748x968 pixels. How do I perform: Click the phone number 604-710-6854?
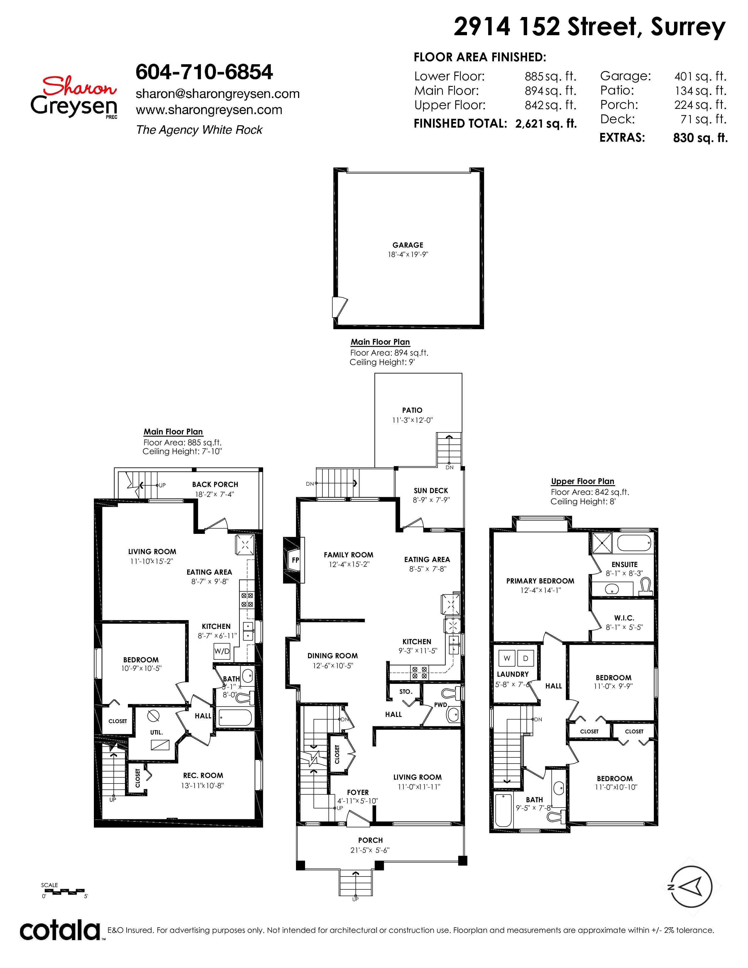point(204,72)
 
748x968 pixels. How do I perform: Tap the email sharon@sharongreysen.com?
point(218,94)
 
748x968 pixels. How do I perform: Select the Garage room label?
point(408,245)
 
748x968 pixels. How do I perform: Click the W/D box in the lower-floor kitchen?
point(222,651)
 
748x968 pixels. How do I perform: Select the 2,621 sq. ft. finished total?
point(546,124)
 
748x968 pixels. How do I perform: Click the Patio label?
point(412,410)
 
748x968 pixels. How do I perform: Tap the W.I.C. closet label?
point(625,618)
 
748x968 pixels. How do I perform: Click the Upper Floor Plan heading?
point(583,481)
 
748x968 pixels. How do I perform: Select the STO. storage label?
point(405,691)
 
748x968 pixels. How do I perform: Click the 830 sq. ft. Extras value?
point(700,138)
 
